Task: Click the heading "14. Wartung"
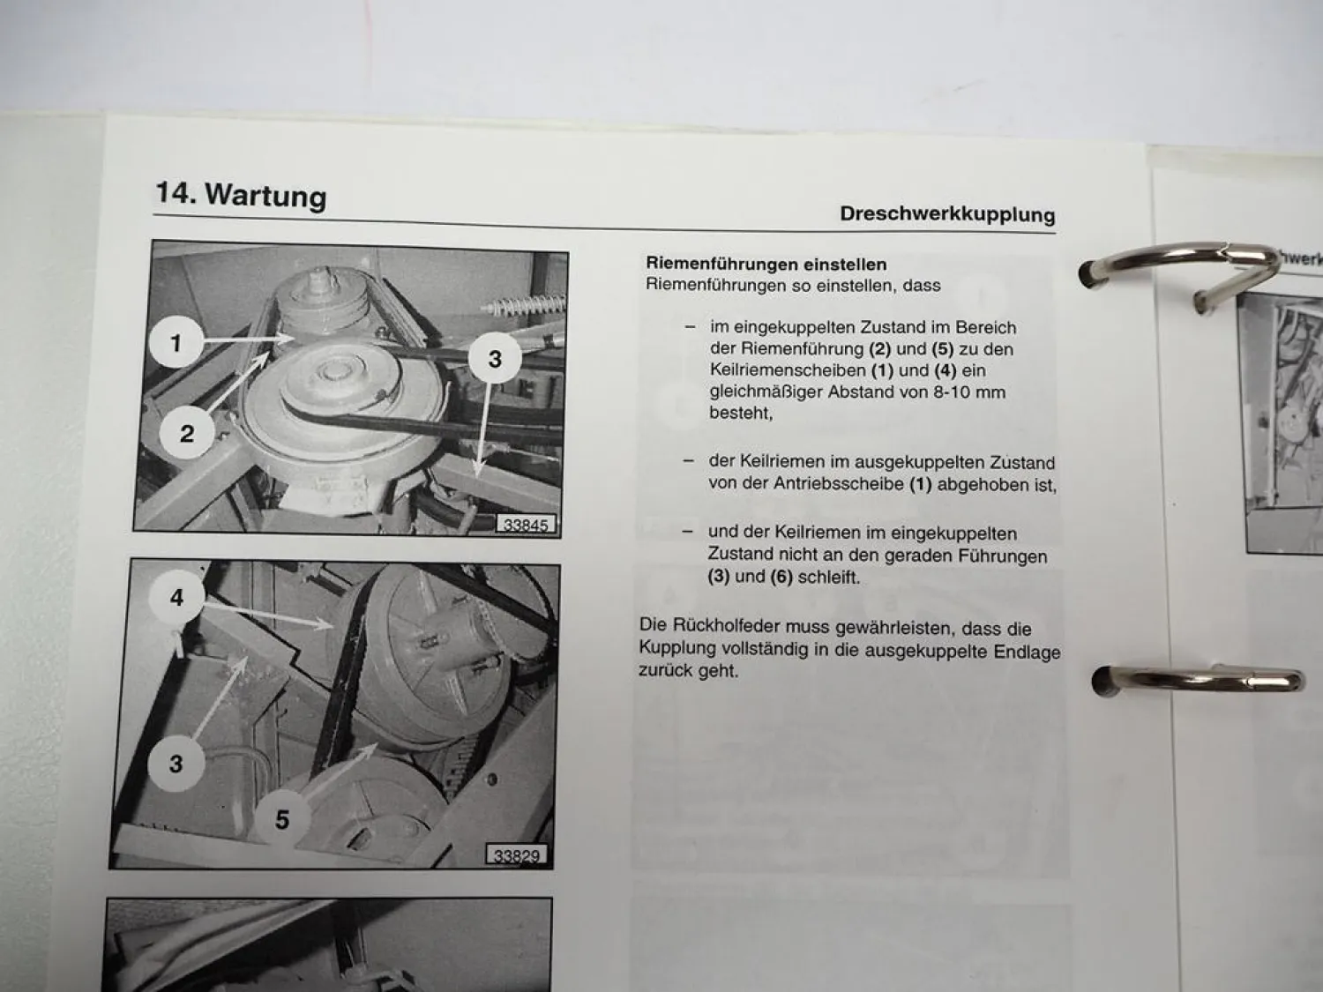click(x=241, y=195)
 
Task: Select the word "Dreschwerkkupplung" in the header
click(x=947, y=213)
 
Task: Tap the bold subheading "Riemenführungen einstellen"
click(x=766, y=264)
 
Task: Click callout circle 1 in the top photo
click(x=176, y=343)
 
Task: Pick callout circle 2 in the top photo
click(x=187, y=433)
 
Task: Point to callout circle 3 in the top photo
click(x=495, y=359)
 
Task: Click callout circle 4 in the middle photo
click(x=176, y=597)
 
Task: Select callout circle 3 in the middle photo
click(x=176, y=764)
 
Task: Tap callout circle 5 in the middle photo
click(x=282, y=819)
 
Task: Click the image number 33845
click(x=525, y=525)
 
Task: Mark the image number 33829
click(x=516, y=855)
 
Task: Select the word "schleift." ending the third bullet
click(x=829, y=577)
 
